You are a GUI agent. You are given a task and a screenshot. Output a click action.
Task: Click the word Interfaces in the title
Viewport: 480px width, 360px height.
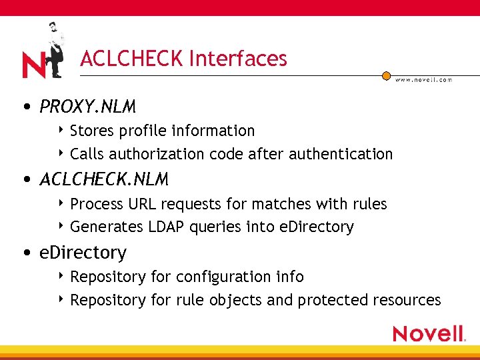click(238, 59)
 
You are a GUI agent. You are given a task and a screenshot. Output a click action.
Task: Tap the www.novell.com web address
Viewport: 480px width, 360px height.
click(423, 79)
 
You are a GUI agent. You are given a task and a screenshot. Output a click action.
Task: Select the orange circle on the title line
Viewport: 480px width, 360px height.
click(386, 76)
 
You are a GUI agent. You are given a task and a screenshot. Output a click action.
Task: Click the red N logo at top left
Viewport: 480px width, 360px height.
click(33, 65)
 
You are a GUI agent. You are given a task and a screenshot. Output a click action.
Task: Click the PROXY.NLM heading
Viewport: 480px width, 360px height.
click(87, 107)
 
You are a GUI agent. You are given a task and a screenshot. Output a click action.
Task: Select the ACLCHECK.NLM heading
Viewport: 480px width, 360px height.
click(104, 179)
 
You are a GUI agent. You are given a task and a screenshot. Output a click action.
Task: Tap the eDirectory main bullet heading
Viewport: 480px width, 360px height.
click(83, 253)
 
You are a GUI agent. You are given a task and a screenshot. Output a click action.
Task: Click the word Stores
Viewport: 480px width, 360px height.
click(91, 131)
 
